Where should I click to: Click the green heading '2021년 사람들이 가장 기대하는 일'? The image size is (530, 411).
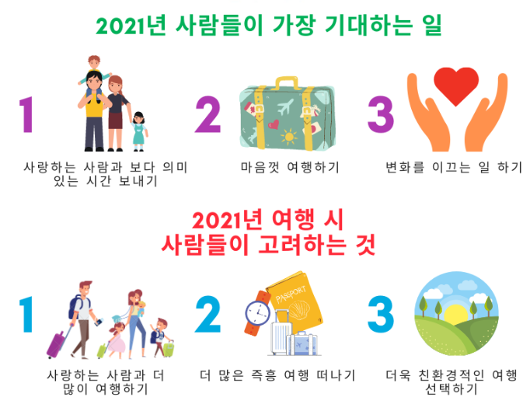tap(268, 25)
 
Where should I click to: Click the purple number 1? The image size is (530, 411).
tap(28, 115)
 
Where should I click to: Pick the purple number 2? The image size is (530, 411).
tap(207, 115)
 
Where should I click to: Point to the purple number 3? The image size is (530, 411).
tap(381, 115)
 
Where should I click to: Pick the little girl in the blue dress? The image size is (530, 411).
tap(139, 130)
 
